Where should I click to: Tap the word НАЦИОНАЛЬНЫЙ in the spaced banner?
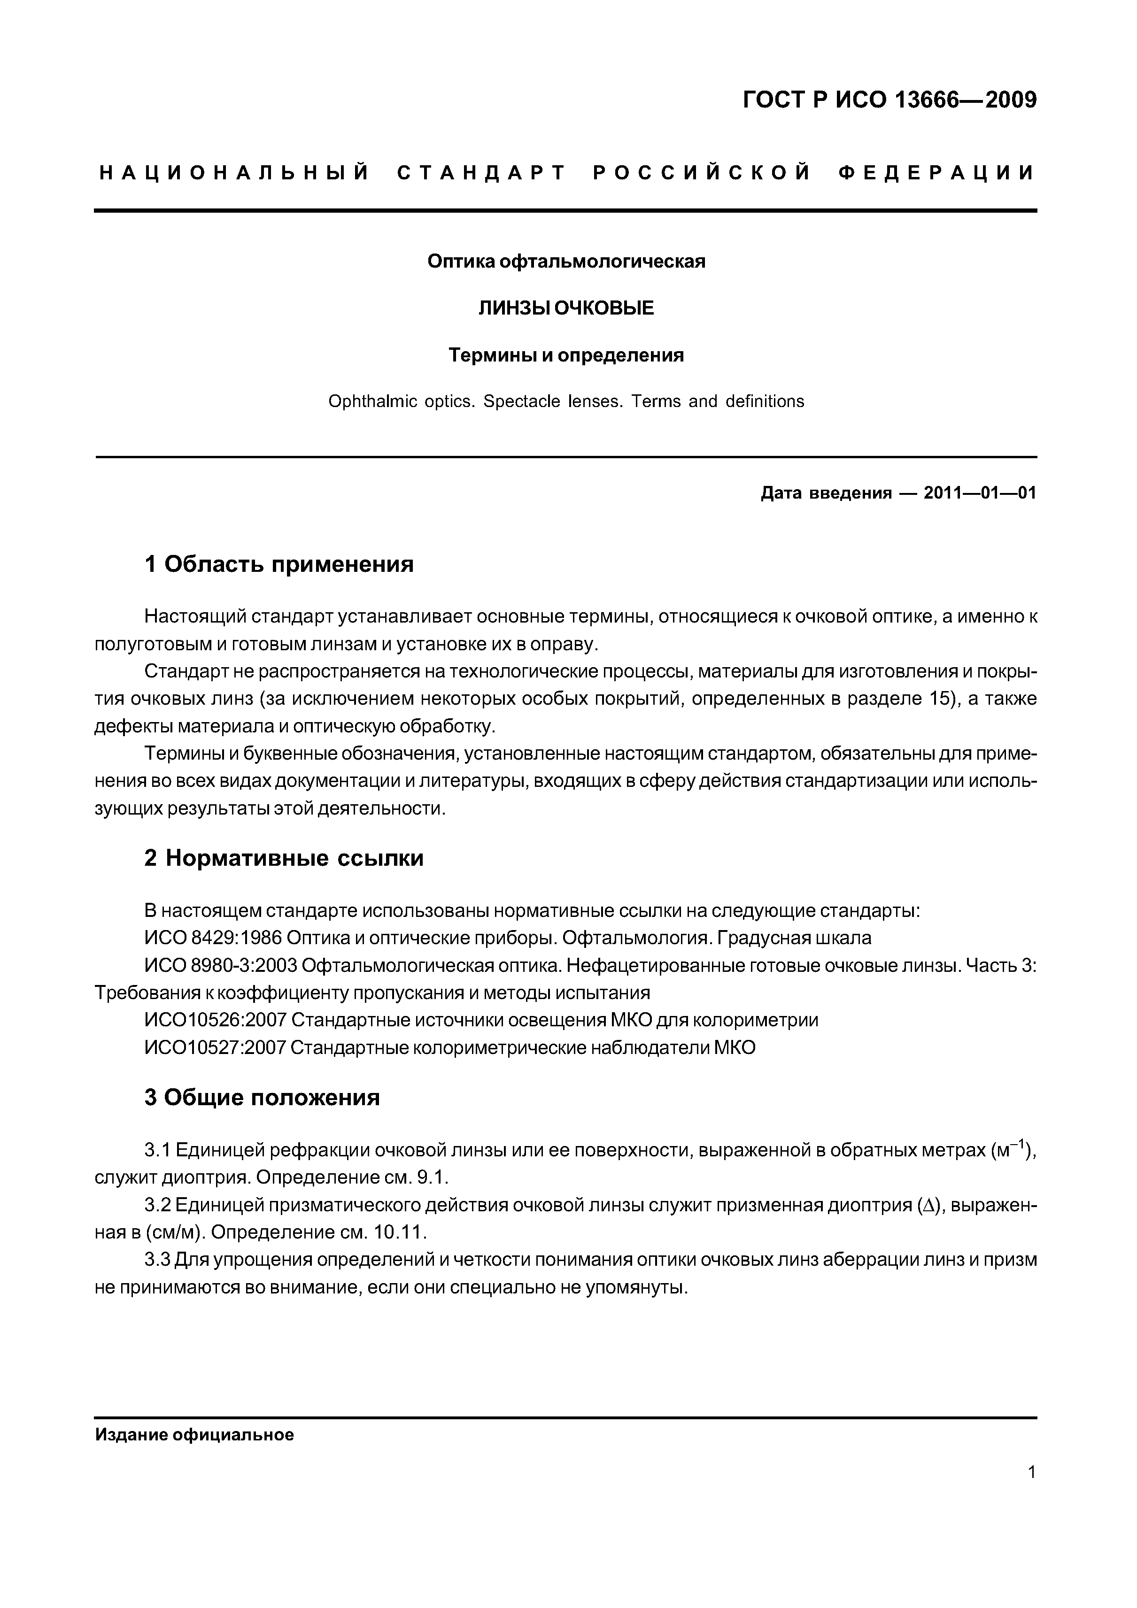[x=235, y=173]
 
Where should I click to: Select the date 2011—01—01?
[x=979, y=493]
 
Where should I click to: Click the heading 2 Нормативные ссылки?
[x=284, y=858]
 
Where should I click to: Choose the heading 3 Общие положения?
[x=262, y=1098]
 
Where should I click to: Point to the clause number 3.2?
[x=158, y=1205]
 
